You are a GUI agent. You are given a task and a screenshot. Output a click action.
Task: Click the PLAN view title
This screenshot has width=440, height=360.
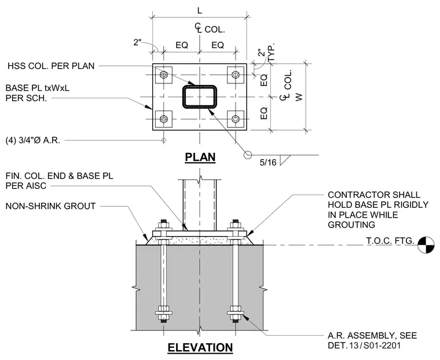tap(200, 157)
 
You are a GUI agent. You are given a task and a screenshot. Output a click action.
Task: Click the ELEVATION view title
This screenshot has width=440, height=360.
tap(200, 347)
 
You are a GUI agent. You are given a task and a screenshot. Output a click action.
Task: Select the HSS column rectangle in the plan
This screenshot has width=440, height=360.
tap(200, 97)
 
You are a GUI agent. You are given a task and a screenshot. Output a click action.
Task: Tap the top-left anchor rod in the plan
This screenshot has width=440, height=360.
tap(164, 75)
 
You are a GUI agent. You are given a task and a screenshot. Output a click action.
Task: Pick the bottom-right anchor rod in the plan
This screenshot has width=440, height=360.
tap(236, 119)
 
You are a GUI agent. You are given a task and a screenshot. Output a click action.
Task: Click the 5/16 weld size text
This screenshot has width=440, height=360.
tap(268, 163)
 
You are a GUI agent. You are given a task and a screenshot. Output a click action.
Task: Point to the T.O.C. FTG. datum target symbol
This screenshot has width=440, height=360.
tap(426, 245)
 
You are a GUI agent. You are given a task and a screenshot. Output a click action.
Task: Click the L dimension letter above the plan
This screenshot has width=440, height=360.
tap(200, 10)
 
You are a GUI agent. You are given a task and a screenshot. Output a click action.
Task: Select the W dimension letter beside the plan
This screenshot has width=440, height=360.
tap(299, 97)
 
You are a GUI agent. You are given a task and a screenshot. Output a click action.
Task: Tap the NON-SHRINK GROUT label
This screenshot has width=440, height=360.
tap(50, 206)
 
